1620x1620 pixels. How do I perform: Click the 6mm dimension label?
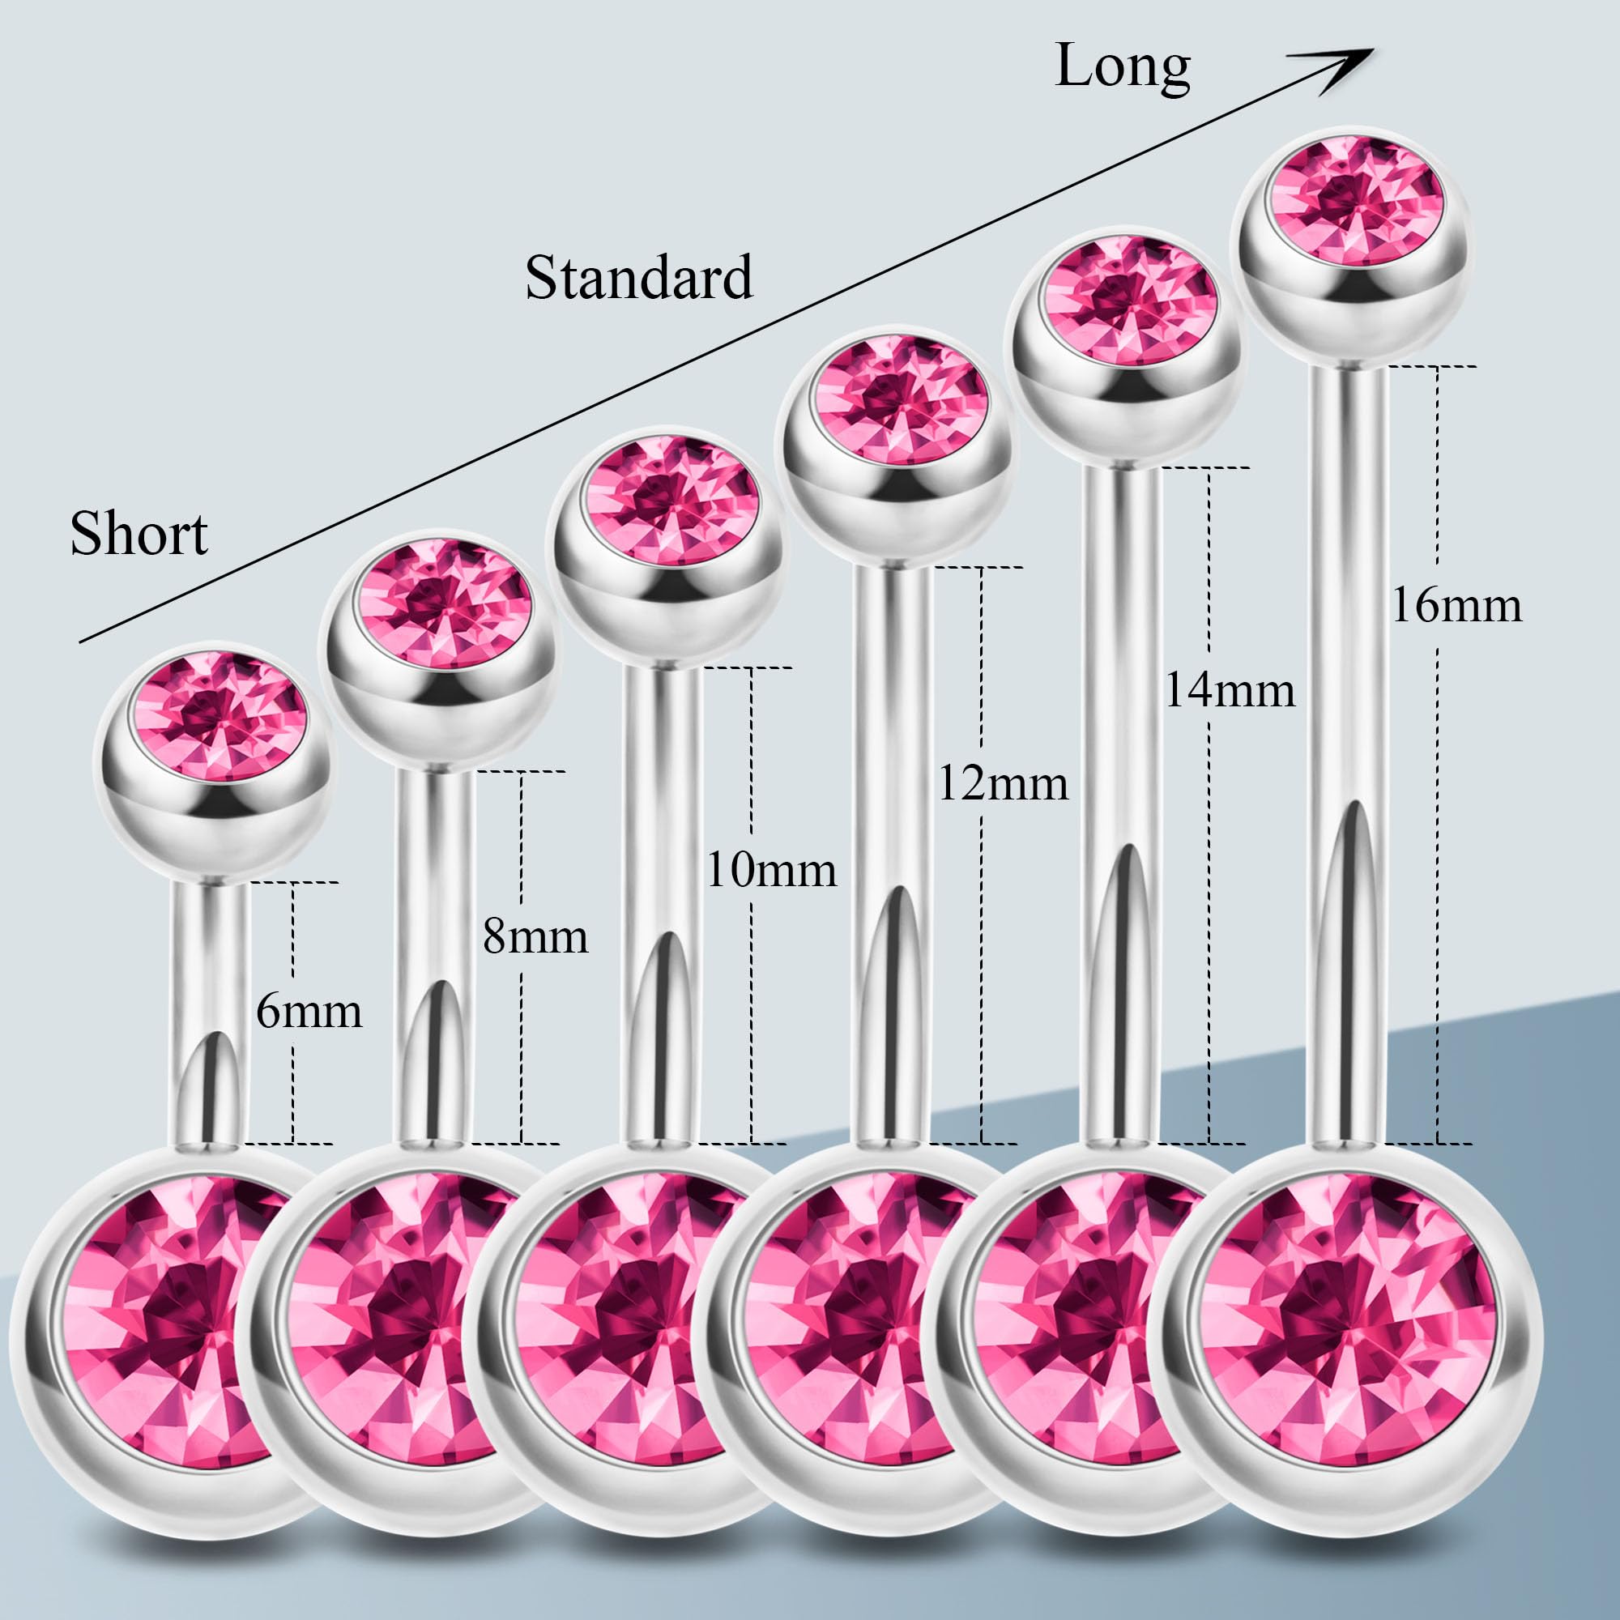(309, 1011)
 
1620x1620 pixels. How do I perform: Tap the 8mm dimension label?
(535, 936)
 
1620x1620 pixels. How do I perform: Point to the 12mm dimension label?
(1003, 784)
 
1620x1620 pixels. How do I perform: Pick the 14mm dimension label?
(1230, 690)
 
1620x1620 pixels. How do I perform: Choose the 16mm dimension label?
(1456, 604)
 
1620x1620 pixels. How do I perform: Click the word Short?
(139, 533)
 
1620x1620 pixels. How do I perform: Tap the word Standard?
(638, 278)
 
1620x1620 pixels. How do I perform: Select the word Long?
(1123, 66)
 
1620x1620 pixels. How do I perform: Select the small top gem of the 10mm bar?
(671, 501)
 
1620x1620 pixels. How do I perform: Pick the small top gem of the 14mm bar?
(1128, 301)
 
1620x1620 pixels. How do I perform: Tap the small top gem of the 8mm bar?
(443, 603)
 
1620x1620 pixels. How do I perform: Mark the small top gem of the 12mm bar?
(901, 399)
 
